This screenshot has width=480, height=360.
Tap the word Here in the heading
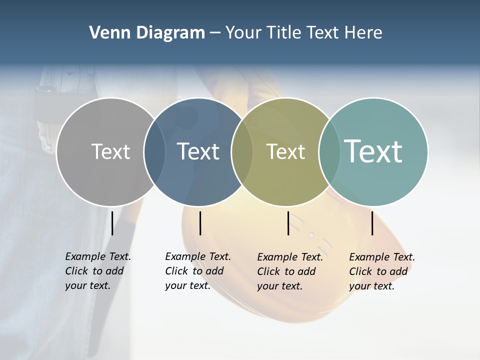tap(363, 33)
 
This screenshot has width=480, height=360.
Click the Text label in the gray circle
tap(110, 151)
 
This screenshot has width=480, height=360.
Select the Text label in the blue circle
tap(198, 151)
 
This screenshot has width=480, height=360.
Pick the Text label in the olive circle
tap(285, 151)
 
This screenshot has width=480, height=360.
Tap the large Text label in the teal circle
tap(373, 151)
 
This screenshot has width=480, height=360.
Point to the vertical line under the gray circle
tap(112, 223)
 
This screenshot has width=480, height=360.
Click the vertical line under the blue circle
tap(200, 223)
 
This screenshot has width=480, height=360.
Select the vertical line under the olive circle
tap(288, 223)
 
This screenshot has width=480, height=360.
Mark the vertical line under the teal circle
tap(372, 223)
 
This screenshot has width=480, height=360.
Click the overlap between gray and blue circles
tap(154, 152)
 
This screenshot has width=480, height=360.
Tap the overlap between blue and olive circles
tap(242, 152)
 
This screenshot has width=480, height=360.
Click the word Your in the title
tap(243, 33)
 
